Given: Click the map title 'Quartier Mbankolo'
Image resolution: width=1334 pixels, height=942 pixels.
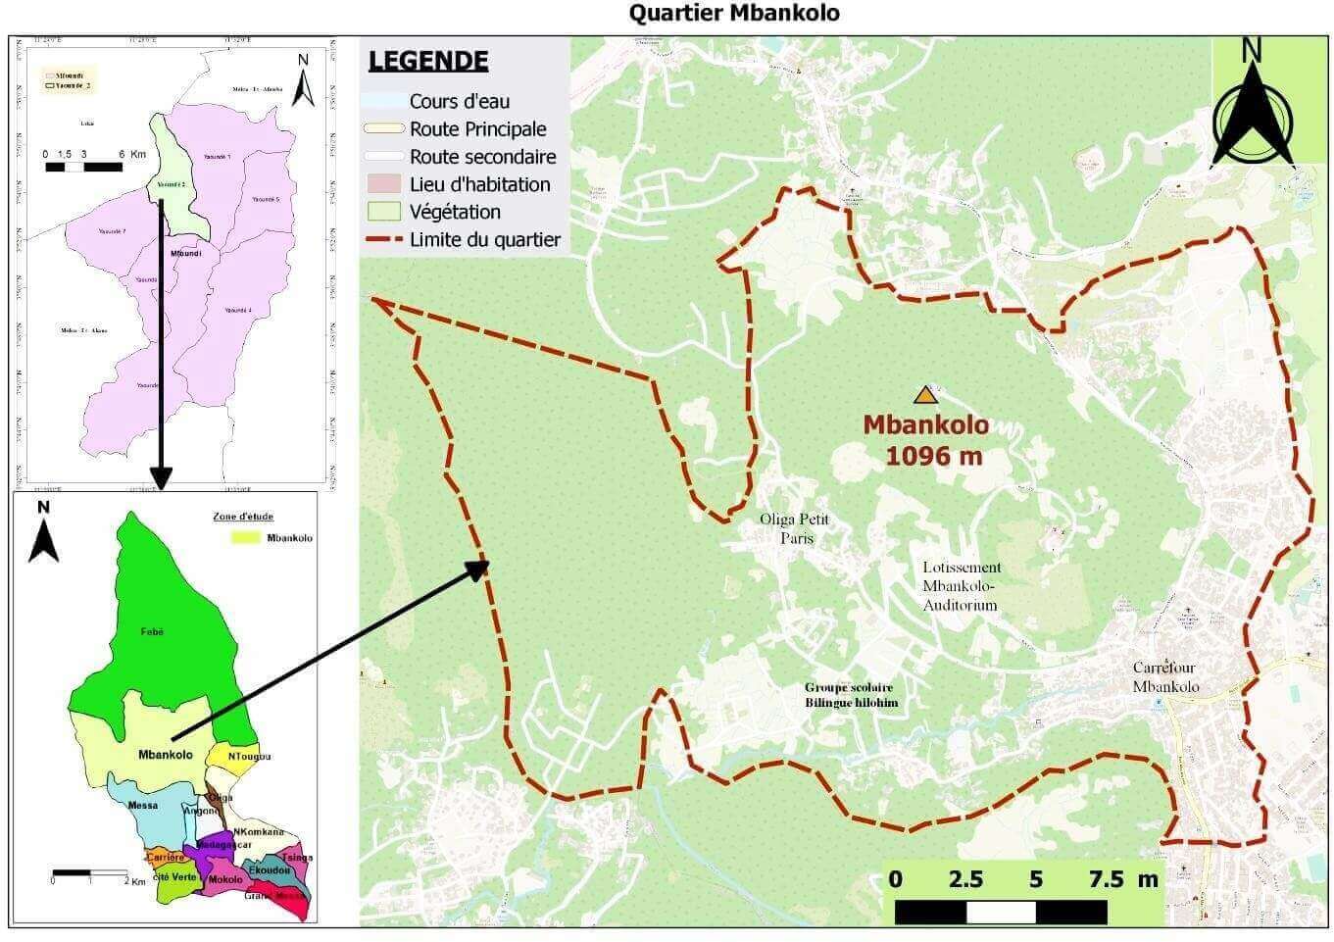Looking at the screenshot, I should (734, 13).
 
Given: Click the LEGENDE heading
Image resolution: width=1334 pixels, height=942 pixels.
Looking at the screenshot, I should (428, 61).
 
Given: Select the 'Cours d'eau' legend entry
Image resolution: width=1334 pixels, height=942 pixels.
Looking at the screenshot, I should (459, 101).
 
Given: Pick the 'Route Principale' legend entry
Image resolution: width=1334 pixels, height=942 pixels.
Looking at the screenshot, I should (477, 128).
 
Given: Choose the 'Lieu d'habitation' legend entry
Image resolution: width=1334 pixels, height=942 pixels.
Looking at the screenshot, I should (479, 184).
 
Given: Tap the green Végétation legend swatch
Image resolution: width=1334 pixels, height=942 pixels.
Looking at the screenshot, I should (383, 212).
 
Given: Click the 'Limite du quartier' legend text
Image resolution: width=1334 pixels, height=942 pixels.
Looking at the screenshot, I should (484, 239).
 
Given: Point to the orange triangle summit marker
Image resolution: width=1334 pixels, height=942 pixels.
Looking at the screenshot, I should (924, 395).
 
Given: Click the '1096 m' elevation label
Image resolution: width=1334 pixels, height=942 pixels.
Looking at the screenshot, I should (933, 455).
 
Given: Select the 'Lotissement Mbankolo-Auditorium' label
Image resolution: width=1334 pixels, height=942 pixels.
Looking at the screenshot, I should (961, 586).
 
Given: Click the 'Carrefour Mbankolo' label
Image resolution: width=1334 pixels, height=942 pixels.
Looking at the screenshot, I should (1165, 677).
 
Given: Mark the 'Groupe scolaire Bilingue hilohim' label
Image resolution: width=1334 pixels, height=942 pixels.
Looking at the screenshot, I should (851, 695).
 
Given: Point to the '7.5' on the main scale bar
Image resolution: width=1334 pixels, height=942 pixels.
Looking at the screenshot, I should (1107, 879).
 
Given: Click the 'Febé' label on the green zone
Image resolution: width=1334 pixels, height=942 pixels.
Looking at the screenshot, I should (151, 632).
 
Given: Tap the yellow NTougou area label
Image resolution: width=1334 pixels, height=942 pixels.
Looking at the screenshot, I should (249, 757).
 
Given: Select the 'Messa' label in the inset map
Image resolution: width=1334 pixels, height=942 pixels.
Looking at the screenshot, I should (143, 806).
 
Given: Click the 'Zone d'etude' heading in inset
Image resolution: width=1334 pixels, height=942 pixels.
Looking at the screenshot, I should (243, 517).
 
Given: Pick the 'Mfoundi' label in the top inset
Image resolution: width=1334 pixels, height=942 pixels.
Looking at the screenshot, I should (185, 253).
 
